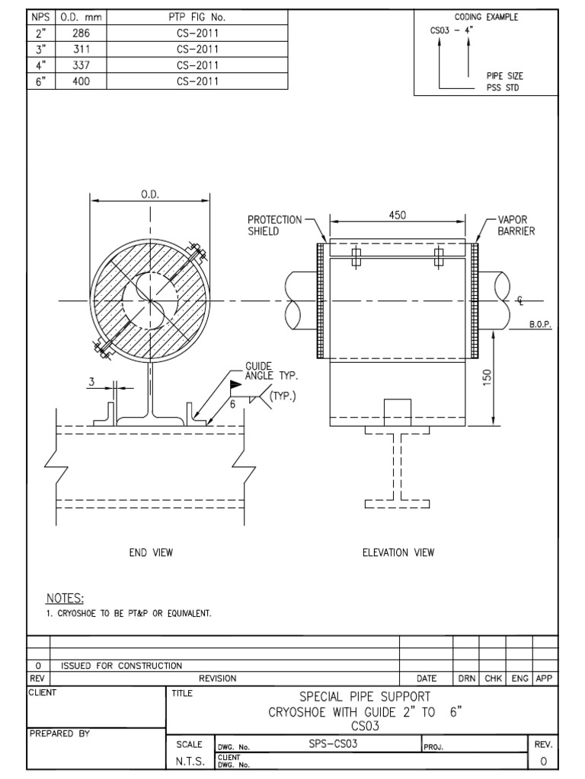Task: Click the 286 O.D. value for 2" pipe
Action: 81,33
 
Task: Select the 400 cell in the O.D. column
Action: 81,81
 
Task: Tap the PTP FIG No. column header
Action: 197,17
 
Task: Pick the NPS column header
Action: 40,17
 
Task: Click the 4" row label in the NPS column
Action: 40,65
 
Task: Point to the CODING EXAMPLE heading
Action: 486,17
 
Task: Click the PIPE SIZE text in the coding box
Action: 504,76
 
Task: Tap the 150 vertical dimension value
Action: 488,377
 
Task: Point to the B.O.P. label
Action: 539,324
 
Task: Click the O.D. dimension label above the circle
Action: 149,195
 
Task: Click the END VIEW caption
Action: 150,553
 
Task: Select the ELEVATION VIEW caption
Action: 398,553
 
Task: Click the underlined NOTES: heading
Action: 65,599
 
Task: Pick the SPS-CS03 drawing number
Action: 333,745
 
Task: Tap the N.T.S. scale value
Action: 190,761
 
